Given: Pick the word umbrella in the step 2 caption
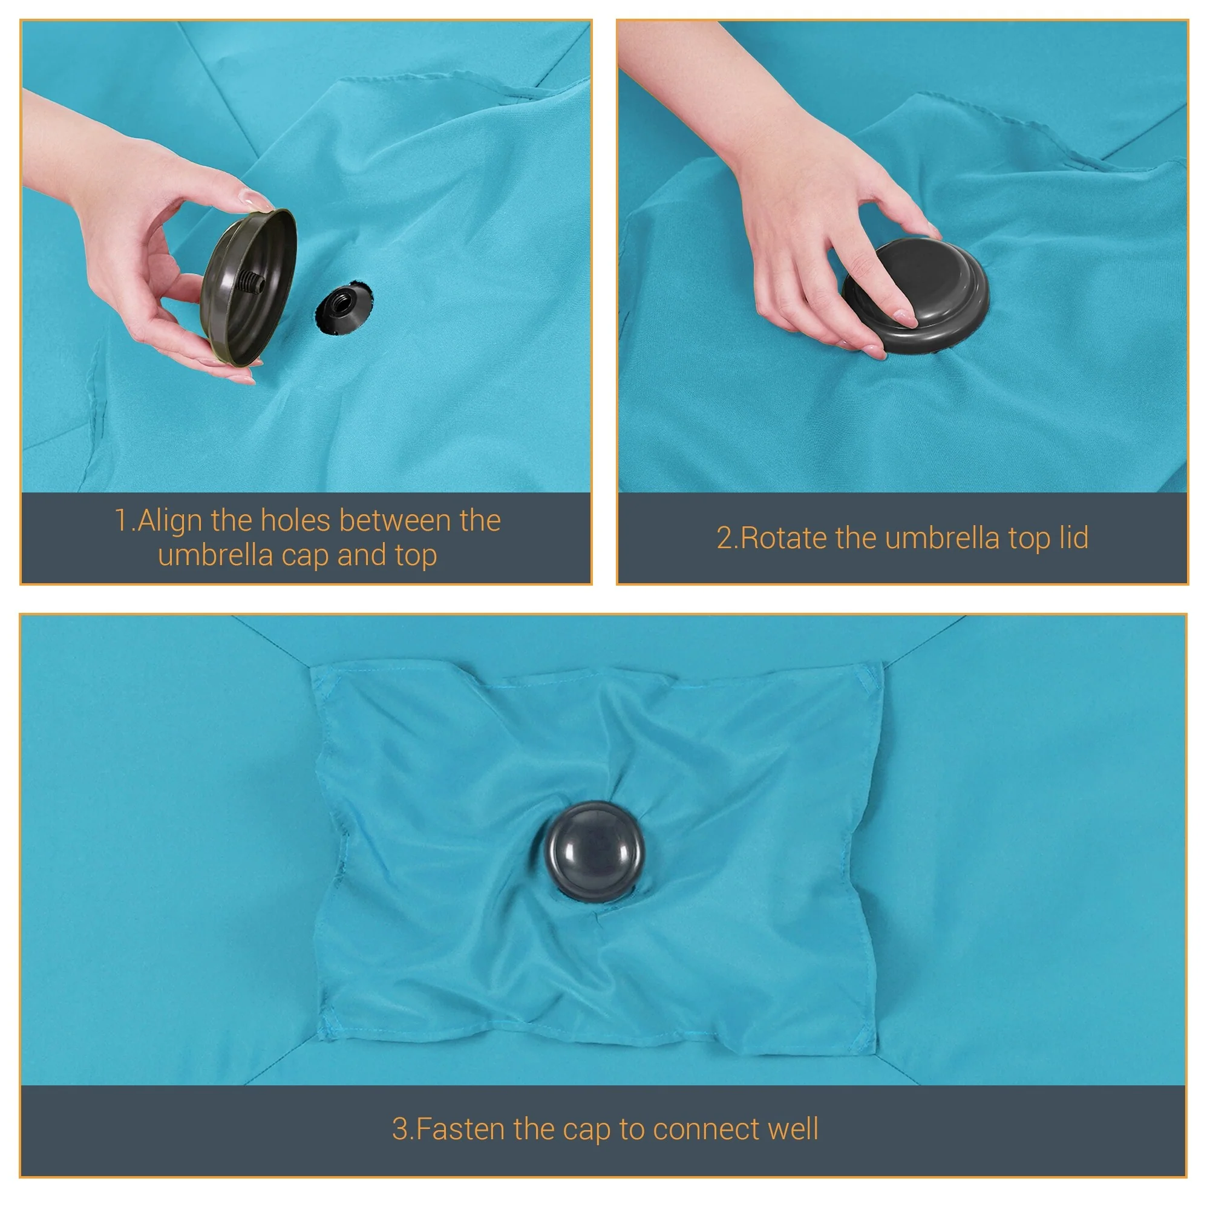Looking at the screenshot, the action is pyautogui.click(x=942, y=538).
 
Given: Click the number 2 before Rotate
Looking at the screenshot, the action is pyautogui.click(x=724, y=538).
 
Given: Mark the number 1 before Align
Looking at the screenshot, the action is pyautogui.click(x=122, y=520).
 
